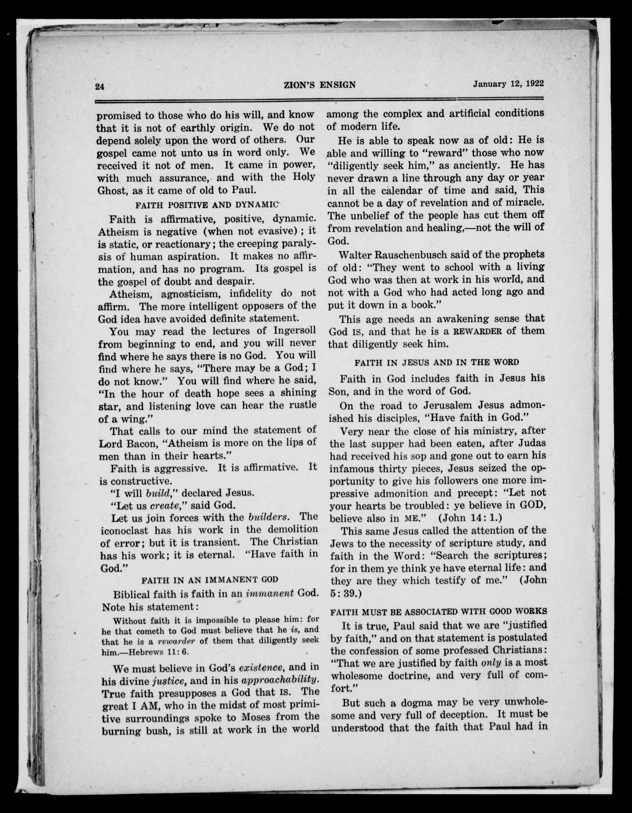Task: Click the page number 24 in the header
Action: coord(100,87)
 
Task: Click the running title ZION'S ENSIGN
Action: coord(319,85)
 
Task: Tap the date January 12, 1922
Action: coord(508,83)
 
